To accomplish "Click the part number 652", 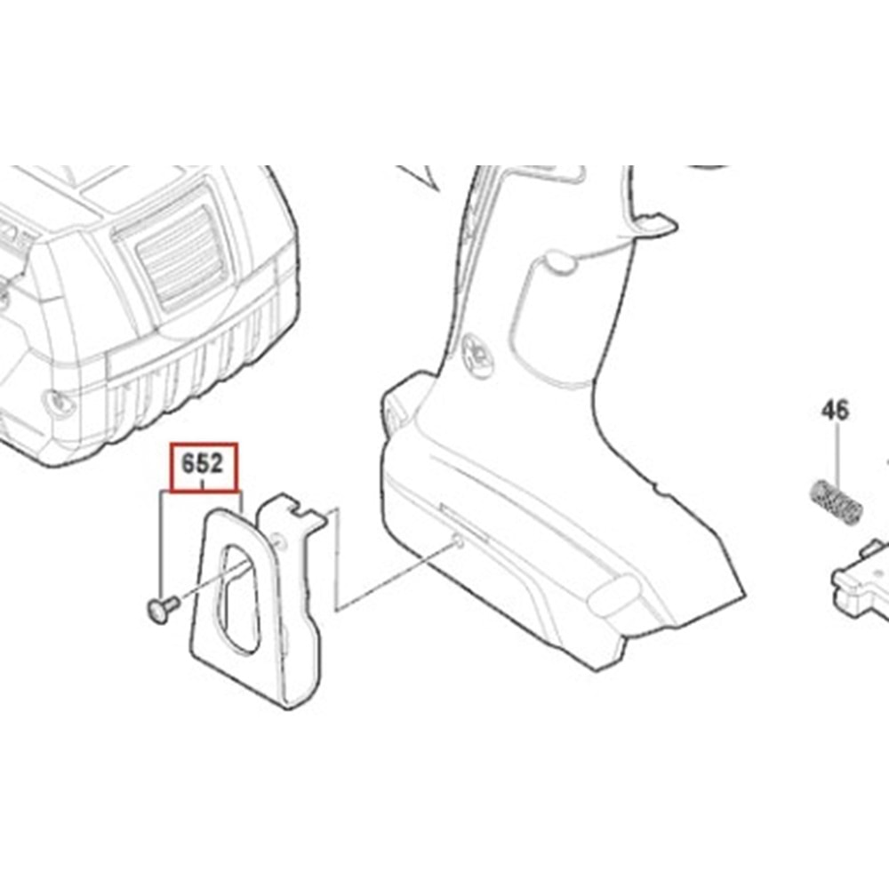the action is (x=203, y=464).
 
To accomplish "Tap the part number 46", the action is (x=836, y=411).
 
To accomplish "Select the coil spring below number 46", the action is (x=835, y=502).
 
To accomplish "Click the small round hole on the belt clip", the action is (x=277, y=542).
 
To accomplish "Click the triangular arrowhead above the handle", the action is (x=419, y=177).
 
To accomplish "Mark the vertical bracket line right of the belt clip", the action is (x=337, y=559).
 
